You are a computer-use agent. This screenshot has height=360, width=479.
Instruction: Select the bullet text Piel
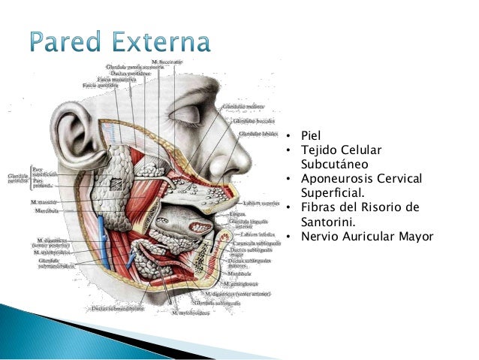click(310, 136)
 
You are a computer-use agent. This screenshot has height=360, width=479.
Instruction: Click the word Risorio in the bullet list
click(381, 208)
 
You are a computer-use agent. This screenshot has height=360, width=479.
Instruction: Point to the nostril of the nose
click(238, 165)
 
